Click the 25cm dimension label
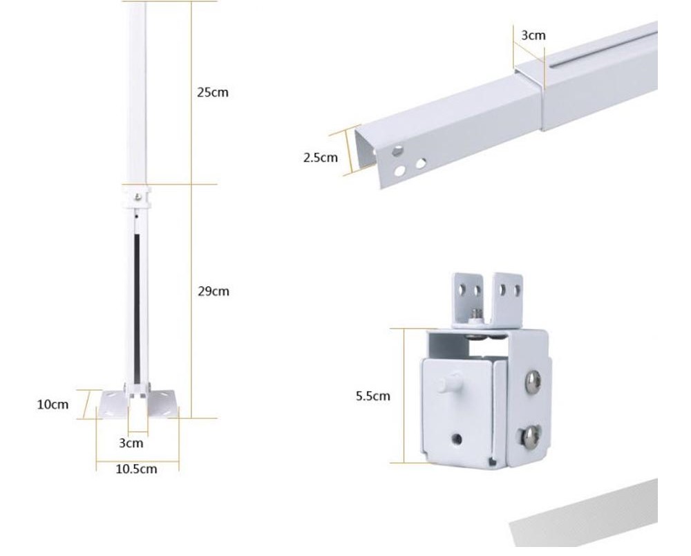[x=212, y=92]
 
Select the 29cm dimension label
[x=213, y=291]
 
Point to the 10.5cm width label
[x=136, y=469]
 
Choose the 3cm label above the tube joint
[x=533, y=35]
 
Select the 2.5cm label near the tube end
[x=321, y=157]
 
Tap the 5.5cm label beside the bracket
[x=373, y=396]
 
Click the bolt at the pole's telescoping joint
[x=138, y=197]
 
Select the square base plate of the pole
[x=138, y=405]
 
